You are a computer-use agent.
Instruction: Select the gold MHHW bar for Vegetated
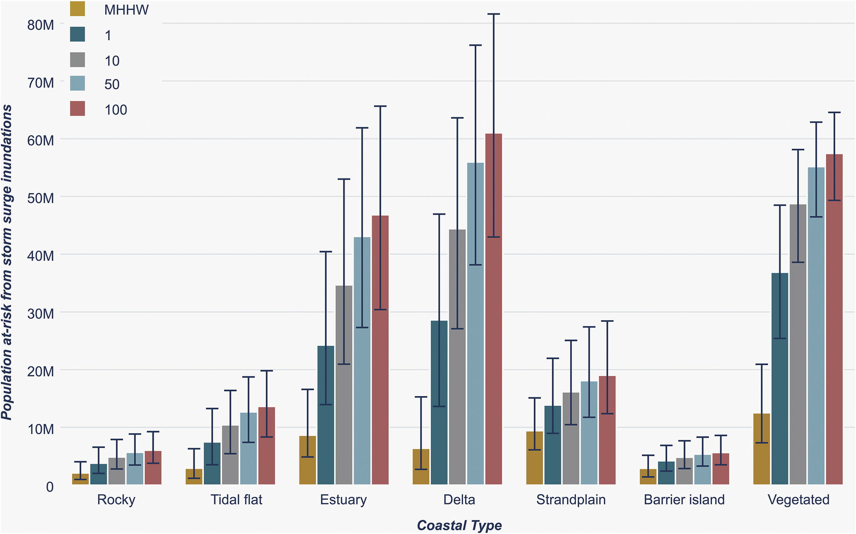click(x=761, y=449)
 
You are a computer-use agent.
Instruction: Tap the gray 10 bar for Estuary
click(x=344, y=385)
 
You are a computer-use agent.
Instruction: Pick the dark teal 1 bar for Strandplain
click(x=553, y=445)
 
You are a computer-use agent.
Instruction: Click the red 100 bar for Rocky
click(x=153, y=468)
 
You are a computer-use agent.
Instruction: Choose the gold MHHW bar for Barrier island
click(x=648, y=477)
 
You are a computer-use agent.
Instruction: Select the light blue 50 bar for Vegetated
click(x=816, y=326)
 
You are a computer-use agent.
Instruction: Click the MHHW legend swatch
click(x=78, y=9)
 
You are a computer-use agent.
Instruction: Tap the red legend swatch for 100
click(x=78, y=108)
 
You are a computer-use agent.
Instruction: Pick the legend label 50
click(x=112, y=85)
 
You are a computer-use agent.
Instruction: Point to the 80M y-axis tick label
click(x=41, y=25)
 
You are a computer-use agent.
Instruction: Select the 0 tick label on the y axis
click(x=50, y=486)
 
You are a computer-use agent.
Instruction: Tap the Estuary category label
click(x=343, y=499)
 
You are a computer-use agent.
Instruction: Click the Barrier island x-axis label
click(x=684, y=499)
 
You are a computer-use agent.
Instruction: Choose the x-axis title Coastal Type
click(x=459, y=525)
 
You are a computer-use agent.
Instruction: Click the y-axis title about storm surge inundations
click(x=7, y=263)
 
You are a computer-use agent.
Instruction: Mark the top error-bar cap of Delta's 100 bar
click(x=493, y=14)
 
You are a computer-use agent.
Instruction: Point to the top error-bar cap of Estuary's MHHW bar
click(x=308, y=389)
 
